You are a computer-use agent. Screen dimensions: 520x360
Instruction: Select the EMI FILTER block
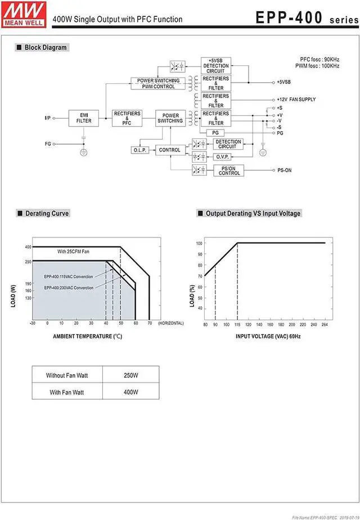tap(84, 118)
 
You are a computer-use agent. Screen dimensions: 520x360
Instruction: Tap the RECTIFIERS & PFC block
tap(127, 118)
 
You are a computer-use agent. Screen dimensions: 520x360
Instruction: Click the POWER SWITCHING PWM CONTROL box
tap(159, 83)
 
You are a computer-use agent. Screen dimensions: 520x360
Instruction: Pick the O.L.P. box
tap(139, 150)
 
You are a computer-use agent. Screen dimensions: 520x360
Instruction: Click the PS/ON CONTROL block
tap(229, 171)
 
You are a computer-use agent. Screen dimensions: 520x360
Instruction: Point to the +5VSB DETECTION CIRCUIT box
tap(215, 65)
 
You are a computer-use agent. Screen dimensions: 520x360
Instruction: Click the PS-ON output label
tap(284, 170)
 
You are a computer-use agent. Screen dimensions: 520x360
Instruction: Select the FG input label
tap(48, 144)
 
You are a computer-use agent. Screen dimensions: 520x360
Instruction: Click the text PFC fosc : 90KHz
tap(319, 59)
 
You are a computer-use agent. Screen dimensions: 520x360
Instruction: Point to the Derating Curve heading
tap(47, 213)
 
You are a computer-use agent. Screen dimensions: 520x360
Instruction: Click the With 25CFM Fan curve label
tap(74, 252)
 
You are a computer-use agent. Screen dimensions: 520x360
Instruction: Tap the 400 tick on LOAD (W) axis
tap(28, 247)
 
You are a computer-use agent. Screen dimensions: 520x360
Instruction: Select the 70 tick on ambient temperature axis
tap(149, 324)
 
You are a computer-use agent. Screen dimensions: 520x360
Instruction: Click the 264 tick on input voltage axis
tap(325, 325)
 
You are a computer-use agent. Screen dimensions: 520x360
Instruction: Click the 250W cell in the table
tap(131, 375)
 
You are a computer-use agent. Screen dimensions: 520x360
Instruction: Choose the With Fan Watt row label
tap(66, 392)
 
